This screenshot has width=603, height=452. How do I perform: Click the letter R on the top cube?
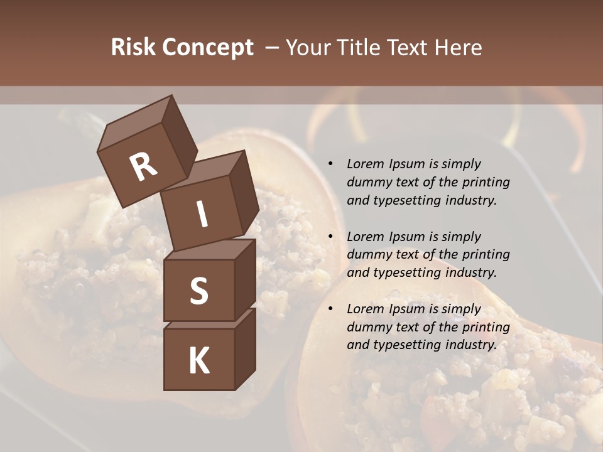coord(143,167)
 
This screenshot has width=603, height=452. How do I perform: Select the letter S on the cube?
coord(199,291)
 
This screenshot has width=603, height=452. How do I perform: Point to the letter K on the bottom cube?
coord(199,361)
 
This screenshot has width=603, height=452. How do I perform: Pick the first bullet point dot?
coord(330,164)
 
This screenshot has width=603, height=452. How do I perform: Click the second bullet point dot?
coord(330,237)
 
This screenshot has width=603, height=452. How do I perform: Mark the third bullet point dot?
coord(330,309)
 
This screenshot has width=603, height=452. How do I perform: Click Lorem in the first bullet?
coord(364,164)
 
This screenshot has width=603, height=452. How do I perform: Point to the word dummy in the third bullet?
coord(368,327)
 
